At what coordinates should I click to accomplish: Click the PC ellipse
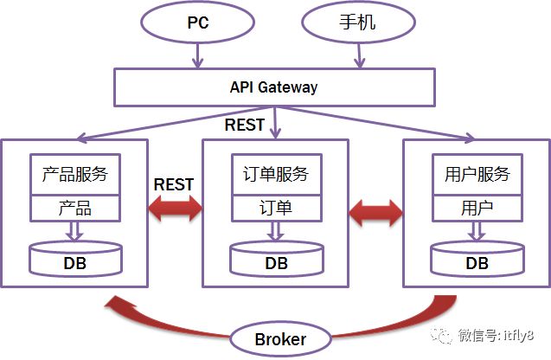tap(198, 22)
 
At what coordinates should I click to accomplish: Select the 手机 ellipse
tap(354, 22)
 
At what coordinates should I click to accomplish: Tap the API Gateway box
tap(273, 87)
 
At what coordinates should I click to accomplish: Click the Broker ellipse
tap(279, 338)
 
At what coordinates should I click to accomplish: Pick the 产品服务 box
tap(74, 175)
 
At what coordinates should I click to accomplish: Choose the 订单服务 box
tap(276, 175)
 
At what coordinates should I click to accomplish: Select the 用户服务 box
tap(477, 175)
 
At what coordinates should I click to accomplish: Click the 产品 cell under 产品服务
tap(74, 209)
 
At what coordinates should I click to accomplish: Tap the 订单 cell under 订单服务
tap(276, 209)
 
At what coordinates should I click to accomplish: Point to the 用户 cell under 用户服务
tap(477, 209)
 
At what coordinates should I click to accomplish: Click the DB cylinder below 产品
tap(74, 260)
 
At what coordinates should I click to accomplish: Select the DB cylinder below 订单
tap(276, 260)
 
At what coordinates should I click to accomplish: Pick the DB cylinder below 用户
tap(477, 260)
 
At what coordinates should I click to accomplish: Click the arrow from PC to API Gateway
tap(197, 55)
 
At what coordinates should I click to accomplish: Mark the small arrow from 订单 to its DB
tap(276, 230)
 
